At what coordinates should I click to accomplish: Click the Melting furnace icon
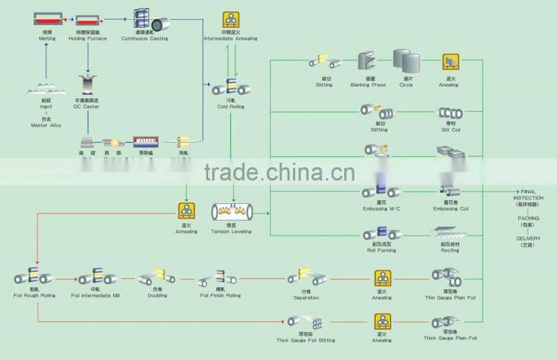coord(47,19)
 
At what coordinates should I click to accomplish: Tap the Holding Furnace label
coord(87,39)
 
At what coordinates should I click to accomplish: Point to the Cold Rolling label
coord(230,107)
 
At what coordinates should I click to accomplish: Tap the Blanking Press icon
coord(367,63)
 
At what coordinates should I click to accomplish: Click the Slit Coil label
coord(448,130)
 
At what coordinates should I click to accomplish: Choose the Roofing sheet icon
coord(448,234)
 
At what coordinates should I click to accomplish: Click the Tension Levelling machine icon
coord(231,211)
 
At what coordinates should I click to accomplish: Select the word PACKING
coord(528,218)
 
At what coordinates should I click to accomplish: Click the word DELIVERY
coord(528,238)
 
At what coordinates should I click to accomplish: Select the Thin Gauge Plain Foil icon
coord(449,279)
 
